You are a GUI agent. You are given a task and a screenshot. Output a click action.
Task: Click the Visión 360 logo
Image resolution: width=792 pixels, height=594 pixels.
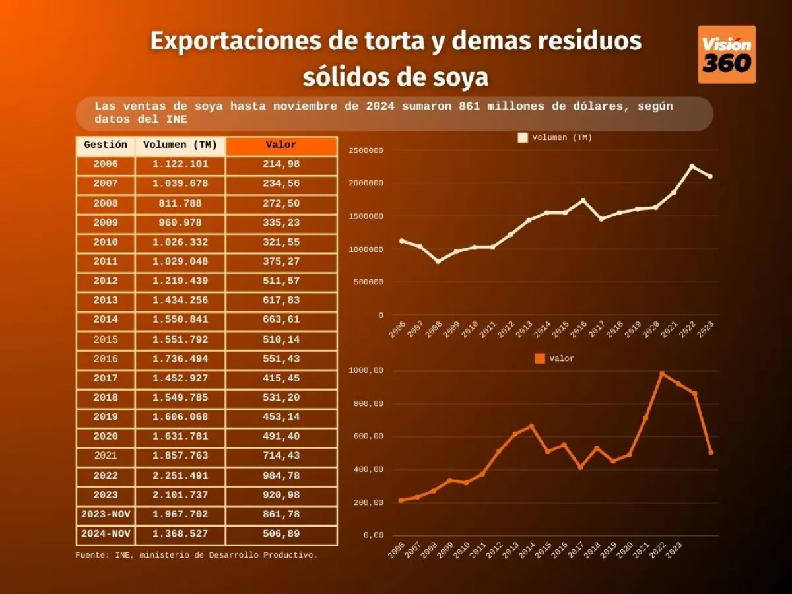click(726, 54)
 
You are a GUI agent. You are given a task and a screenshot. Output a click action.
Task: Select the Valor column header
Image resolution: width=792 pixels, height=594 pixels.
click(281, 145)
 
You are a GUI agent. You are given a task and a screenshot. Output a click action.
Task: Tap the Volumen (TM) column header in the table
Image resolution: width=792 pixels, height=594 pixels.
click(180, 145)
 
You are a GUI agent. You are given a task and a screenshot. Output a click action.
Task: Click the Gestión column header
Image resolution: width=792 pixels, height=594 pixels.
click(106, 145)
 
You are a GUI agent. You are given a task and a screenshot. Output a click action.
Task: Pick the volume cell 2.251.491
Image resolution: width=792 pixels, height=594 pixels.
click(180, 476)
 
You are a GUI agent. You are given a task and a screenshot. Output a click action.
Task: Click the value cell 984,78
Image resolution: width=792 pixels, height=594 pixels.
click(281, 476)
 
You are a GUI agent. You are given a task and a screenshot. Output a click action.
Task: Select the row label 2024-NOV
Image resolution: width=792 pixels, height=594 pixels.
click(106, 534)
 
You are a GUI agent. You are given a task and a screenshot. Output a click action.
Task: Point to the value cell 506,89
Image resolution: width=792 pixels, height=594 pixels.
click(281, 534)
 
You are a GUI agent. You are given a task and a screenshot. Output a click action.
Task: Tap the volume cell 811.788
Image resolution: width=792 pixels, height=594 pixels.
click(180, 204)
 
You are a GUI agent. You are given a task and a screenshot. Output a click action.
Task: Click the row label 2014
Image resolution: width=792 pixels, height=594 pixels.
click(106, 320)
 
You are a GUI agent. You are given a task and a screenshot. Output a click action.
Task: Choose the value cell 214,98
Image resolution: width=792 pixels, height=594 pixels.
click(281, 164)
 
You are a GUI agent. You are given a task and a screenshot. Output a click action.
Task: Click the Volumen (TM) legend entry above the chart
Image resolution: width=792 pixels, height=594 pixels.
click(555, 138)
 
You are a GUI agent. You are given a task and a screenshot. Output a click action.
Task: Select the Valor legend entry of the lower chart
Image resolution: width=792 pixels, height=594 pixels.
click(554, 359)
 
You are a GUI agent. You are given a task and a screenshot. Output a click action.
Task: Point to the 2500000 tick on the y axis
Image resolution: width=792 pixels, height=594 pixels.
click(366, 150)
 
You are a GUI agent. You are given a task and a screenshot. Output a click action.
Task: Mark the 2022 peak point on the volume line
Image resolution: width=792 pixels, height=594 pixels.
click(692, 166)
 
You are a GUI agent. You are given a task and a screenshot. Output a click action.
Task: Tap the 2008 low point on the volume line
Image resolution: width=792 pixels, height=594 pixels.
click(438, 261)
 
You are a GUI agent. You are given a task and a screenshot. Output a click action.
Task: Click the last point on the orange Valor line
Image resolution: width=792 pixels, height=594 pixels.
click(711, 452)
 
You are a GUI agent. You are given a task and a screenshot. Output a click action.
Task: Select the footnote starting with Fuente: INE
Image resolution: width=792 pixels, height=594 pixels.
click(196, 555)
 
